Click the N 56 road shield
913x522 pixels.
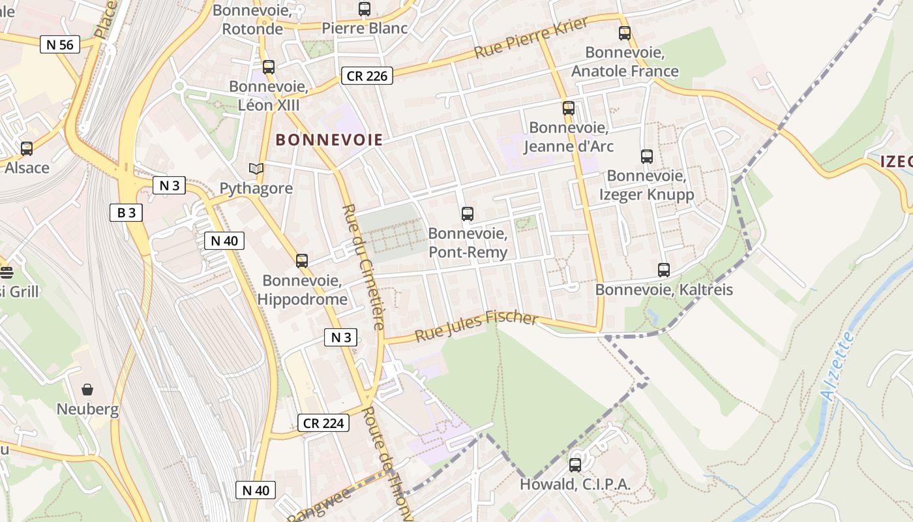[60, 44]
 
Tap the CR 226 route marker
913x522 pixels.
[367, 76]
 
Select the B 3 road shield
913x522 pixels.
[126, 212]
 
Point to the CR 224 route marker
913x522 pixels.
[323, 423]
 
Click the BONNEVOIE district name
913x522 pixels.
[329, 140]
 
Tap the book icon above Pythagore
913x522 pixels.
[256, 169]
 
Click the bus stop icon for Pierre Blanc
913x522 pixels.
[365, 9]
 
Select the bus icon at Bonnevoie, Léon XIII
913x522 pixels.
[269, 67]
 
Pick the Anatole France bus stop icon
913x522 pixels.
[625, 33]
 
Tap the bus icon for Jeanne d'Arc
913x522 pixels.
[569, 108]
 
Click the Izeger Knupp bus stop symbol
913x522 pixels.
[646, 156]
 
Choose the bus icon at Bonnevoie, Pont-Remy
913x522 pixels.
[468, 213]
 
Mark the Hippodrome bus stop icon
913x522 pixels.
[302, 261]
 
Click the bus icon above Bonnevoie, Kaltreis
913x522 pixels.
[664, 269]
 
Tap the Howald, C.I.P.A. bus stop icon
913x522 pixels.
[575, 465]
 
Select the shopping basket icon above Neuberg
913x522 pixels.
[87, 390]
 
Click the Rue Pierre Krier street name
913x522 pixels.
[531, 38]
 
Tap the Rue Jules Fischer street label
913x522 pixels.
[477, 326]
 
